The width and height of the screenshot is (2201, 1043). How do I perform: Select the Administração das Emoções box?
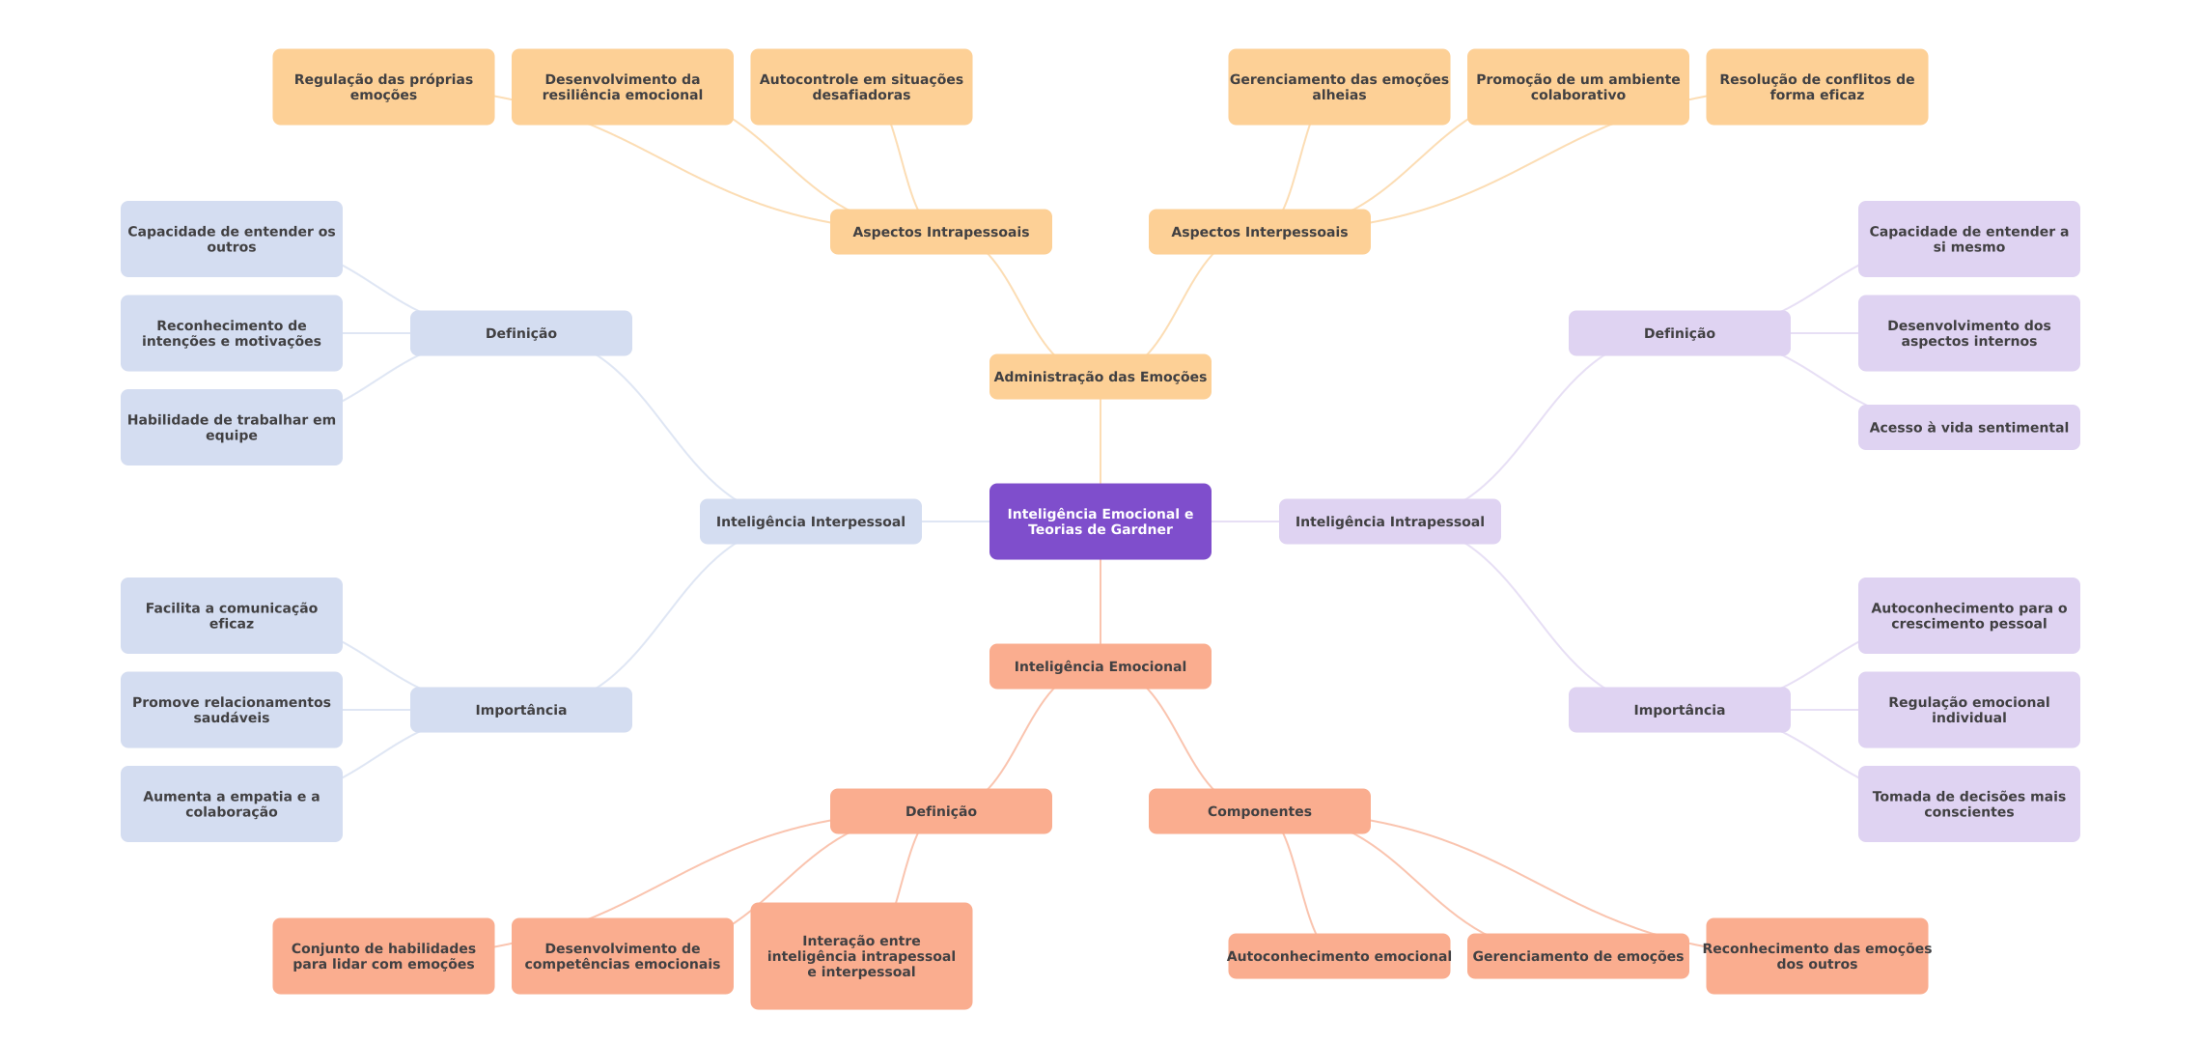click(1100, 377)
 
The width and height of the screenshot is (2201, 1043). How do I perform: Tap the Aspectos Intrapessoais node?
click(940, 232)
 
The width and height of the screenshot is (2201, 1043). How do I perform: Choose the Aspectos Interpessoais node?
click(1259, 232)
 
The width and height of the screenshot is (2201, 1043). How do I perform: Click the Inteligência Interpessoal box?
click(810, 521)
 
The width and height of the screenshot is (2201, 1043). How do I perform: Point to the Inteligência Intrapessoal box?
click(1389, 521)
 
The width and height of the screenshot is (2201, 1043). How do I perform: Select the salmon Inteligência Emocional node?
click(1100, 666)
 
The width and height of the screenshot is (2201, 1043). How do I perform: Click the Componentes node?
click(1259, 811)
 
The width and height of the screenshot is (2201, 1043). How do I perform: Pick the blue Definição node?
click(520, 333)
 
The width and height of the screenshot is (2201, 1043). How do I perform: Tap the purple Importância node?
click(1679, 710)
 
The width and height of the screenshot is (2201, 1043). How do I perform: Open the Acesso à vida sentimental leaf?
click(1968, 427)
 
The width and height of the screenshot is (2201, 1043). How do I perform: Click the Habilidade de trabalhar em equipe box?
click(231, 427)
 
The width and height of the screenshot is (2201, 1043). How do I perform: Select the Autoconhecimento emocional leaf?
click(1338, 956)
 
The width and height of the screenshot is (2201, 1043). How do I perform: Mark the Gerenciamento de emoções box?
click(1577, 956)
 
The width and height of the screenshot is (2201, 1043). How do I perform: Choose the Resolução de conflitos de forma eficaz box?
click(1816, 87)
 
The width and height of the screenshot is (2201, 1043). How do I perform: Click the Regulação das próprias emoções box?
click(383, 87)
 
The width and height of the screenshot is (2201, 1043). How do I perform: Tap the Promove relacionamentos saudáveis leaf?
click(231, 710)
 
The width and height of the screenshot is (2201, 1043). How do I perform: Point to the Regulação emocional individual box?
click(1968, 710)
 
